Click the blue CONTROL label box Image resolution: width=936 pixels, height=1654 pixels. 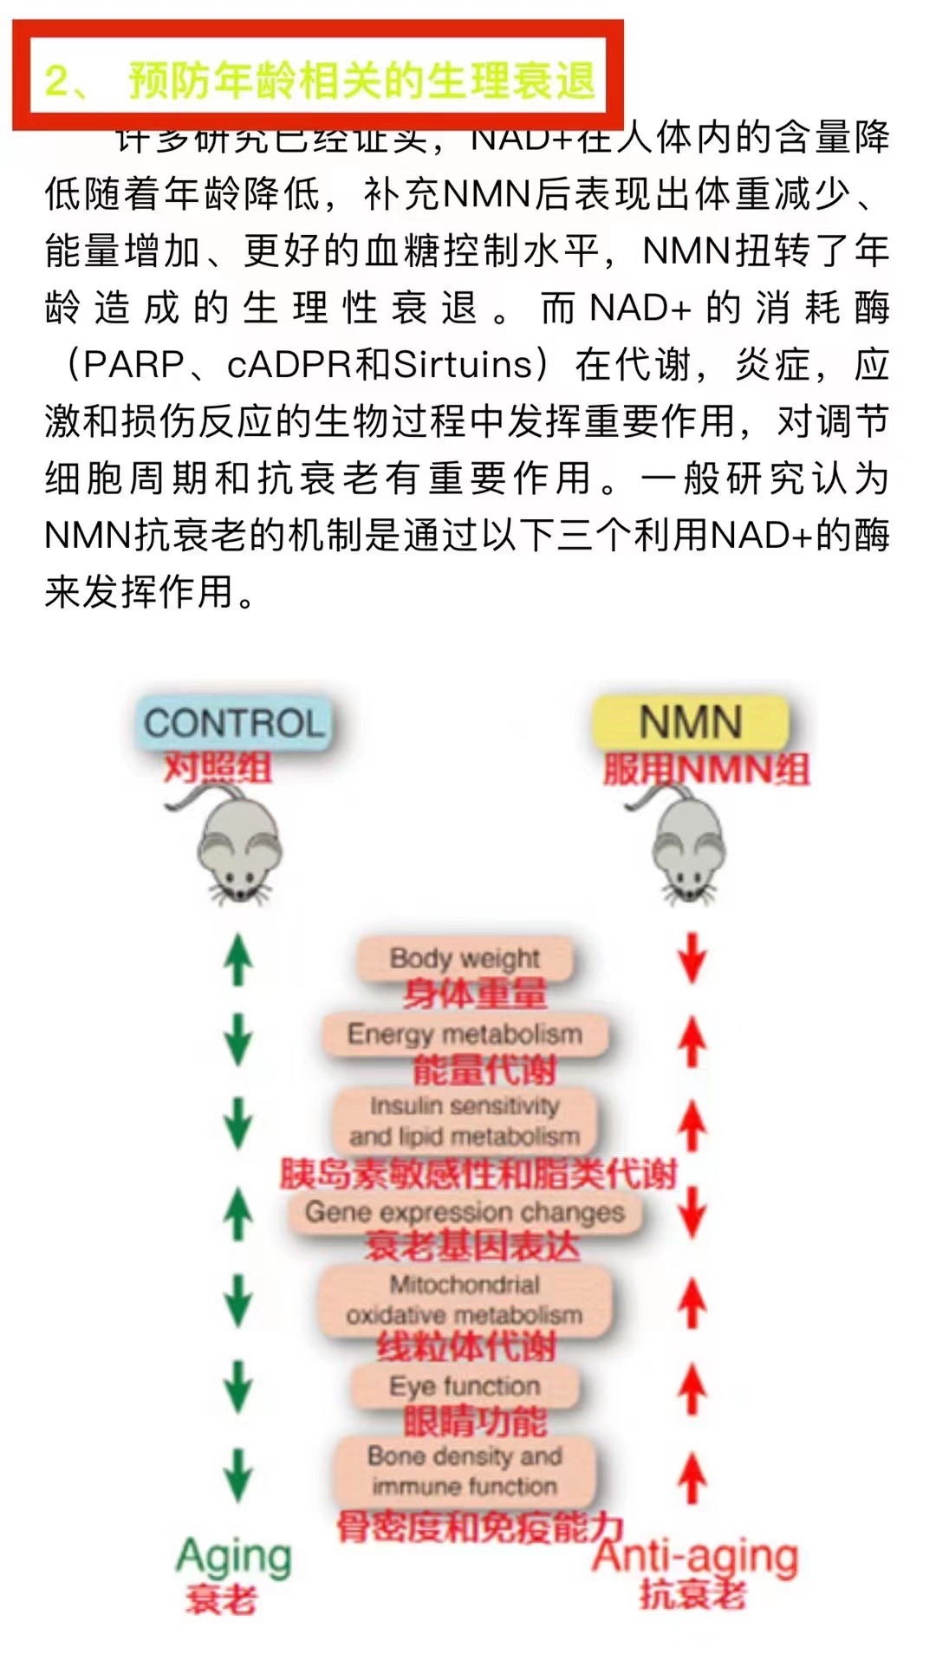tap(233, 722)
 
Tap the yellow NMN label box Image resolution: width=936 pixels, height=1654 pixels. tap(691, 722)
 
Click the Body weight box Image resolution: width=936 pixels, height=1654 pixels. tap(465, 959)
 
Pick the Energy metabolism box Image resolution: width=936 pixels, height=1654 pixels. tap(465, 1033)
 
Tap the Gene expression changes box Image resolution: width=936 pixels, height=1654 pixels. tap(465, 1211)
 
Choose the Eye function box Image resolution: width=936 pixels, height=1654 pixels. tap(465, 1385)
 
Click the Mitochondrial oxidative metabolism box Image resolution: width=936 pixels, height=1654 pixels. tap(465, 1299)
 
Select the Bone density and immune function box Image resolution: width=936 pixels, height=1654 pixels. tap(465, 1471)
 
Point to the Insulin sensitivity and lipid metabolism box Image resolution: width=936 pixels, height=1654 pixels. tap(465, 1120)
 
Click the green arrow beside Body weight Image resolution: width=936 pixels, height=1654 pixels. tap(238, 960)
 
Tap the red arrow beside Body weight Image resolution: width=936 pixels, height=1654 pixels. tap(692, 958)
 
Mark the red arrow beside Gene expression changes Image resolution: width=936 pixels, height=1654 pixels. tap(692, 1211)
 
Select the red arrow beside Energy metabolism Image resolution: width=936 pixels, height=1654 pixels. tap(692, 1040)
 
